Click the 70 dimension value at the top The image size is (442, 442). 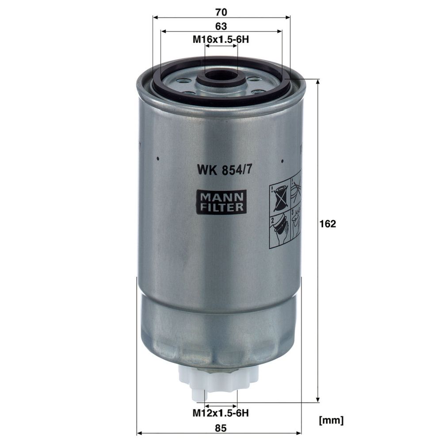pyautogui.click(x=221, y=12)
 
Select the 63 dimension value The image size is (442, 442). pyautogui.click(x=221, y=26)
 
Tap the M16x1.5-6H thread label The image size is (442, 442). pyautogui.click(x=221, y=39)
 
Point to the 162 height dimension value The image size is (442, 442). pyautogui.click(x=328, y=224)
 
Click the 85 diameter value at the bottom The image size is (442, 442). pyautogui.click(x=221, y=428)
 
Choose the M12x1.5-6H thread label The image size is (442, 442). pyautogui.click(x=221, y=413)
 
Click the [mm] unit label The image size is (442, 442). pyautogui.click(x=331, y=421)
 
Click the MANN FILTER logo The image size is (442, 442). pyautogui.click(x=221, y=202)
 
